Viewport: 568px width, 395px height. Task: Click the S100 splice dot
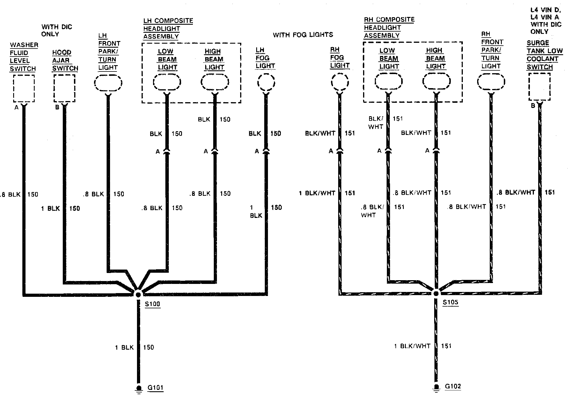(x=138, y=294)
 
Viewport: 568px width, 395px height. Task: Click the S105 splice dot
(x=436, y=293)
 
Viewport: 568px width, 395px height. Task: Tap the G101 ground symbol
(x=139, y=388)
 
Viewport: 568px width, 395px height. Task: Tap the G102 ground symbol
(x=436, y=387)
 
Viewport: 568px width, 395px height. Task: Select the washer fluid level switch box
(x=24, y=88)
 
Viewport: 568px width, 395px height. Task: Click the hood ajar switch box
(x=64, y=88)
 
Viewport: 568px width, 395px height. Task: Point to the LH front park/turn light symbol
(x=108, y=83)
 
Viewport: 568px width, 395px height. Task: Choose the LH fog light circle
(x=266, y=82)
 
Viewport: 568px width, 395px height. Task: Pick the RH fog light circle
(x=340, y=82)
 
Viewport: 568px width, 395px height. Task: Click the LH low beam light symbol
(x=167, y=83)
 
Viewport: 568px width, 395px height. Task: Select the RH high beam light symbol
(x=436, y=82)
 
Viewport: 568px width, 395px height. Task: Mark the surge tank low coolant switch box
(x=539, y=86)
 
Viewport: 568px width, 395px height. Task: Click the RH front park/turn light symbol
(x=491, y=82)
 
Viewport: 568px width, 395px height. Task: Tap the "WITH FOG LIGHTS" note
(x=303, y=35)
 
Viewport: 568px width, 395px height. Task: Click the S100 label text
(x=152, y=304)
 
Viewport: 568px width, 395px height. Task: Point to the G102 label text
(x=453, y=386)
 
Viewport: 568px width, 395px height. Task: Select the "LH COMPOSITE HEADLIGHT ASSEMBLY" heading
(x=168, y=29)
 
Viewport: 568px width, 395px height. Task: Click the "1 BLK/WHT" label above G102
(x=412, y=346)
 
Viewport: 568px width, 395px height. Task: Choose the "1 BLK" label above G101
(x=124, y=348)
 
